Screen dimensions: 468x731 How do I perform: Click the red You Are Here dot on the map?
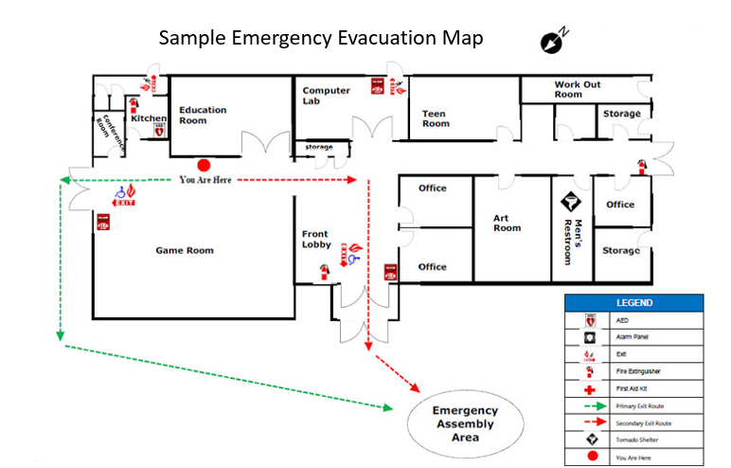coord(203,164)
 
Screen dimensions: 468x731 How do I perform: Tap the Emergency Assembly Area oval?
coord(464,423)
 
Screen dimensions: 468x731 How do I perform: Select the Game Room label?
coord(185,251)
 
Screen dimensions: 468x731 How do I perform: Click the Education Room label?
coord(204,115)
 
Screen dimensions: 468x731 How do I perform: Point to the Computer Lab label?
coord(326,96)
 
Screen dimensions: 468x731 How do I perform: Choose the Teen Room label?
coord(436,118)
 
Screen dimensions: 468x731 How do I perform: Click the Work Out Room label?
coord(577,90)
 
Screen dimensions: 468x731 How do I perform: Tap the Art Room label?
coord(507,223)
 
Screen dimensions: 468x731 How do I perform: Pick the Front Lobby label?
coord(315,240)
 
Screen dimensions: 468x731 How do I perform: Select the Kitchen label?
coord(149,118)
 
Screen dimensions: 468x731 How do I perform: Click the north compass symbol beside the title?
coord(552,41)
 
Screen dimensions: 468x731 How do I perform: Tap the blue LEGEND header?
coord(633,303)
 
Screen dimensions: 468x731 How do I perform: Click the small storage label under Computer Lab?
coord(319,147)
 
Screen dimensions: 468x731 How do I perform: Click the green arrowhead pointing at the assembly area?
coord(388,408)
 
